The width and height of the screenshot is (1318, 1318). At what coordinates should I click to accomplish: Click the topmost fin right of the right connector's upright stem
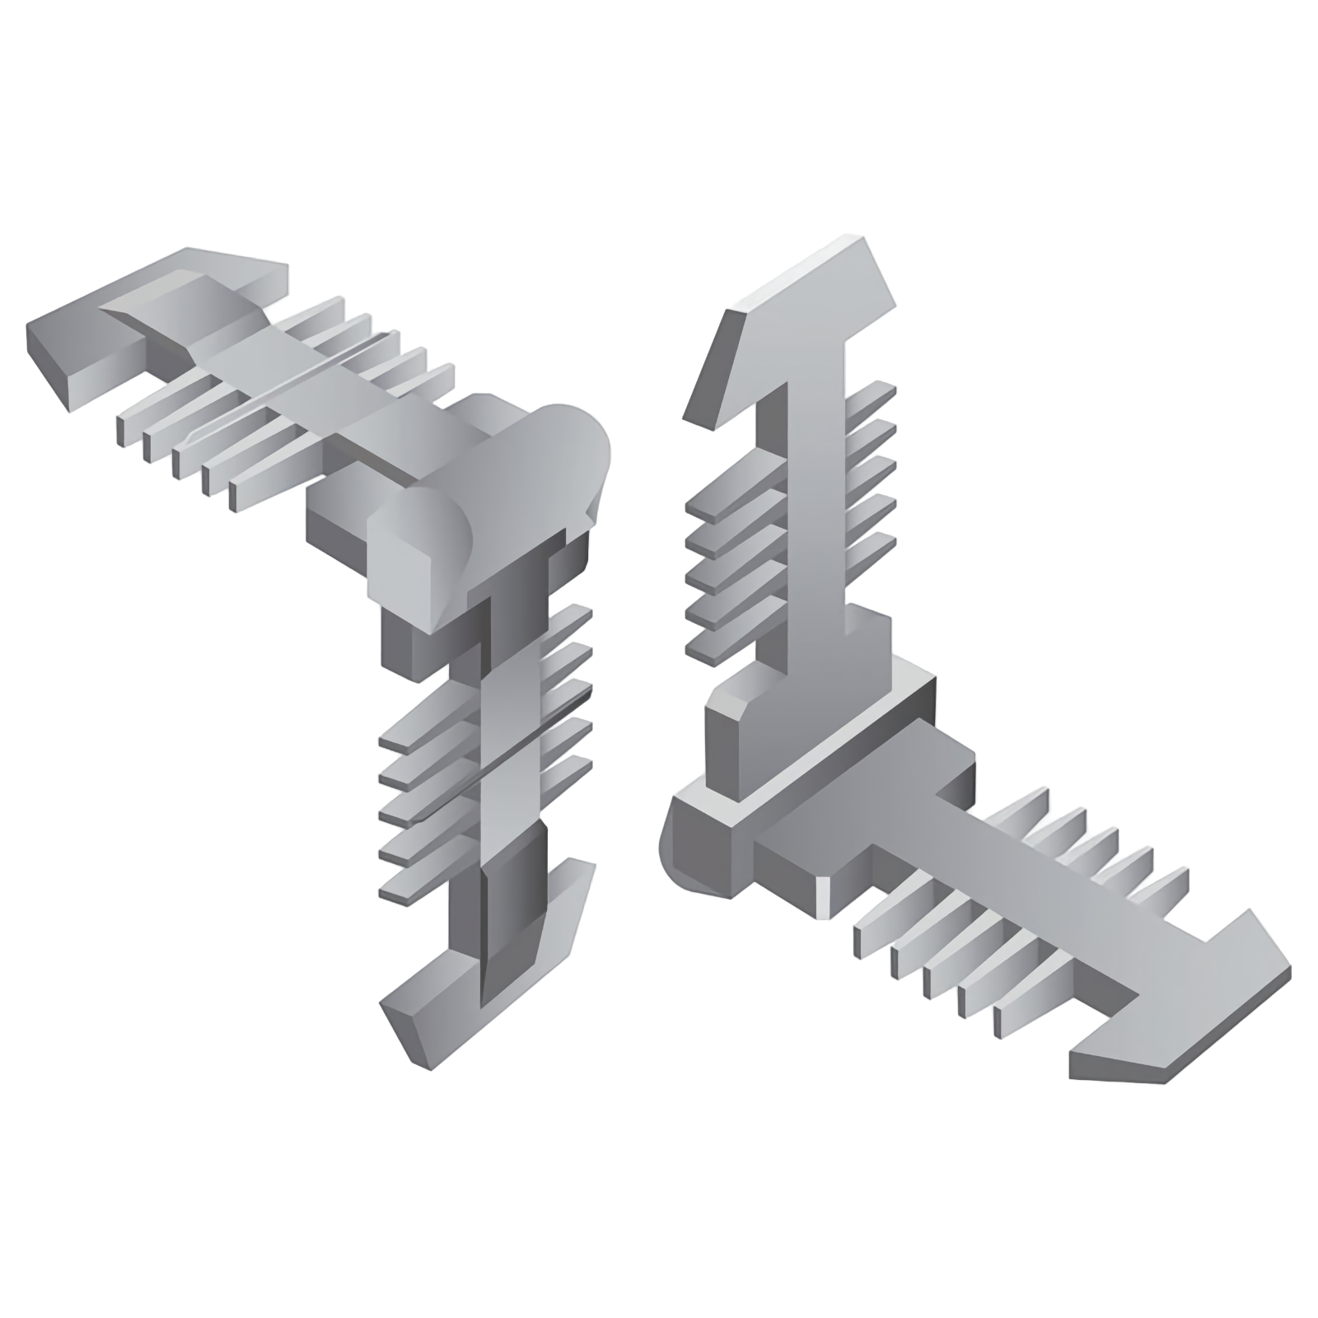[873, 395]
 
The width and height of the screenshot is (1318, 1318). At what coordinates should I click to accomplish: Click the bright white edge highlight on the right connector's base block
[822, 898]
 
